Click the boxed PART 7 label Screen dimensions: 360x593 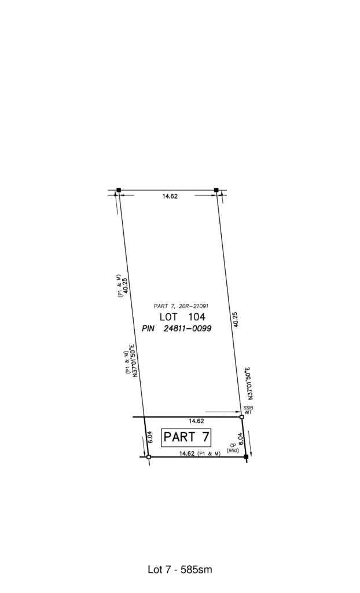pyautogui.click(x=186, y=438)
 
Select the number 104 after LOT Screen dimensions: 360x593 pyautogui.click(x=197, y=317)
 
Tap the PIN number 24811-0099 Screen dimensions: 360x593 pyautogui.click(x=187, y=329)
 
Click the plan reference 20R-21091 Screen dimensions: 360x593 pyautogui.click(x=194, y=306)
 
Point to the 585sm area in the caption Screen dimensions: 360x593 pyautogui.click(x=196, y=569)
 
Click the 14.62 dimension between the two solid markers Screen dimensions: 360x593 pyautogui.click(x=170, y=196)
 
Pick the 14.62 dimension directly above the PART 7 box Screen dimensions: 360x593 pyautogui.click(x=196, y=421)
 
